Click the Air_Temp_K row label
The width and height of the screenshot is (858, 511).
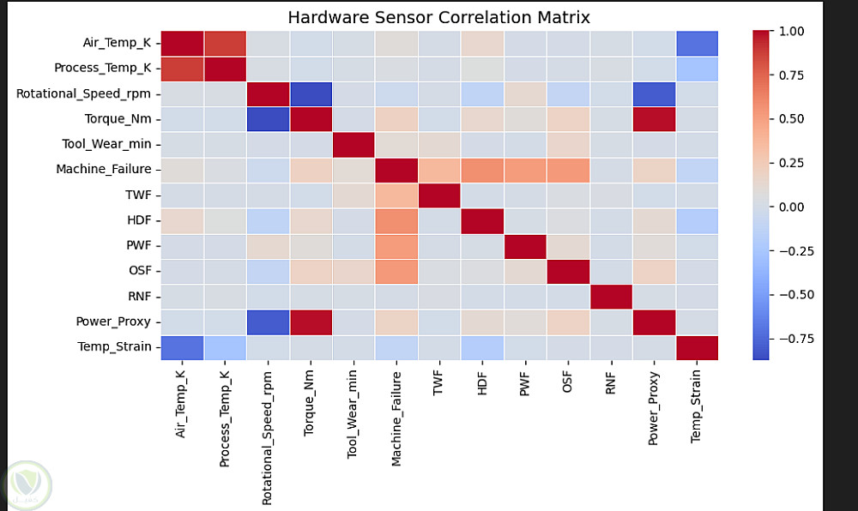[118, 41]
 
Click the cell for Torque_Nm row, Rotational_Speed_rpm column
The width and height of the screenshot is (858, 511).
[268, 117]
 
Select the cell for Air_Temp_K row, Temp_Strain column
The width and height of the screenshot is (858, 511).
[697, 41]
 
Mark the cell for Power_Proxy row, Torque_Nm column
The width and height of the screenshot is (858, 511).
[311, 322]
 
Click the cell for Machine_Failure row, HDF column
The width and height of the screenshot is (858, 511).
[482, 168]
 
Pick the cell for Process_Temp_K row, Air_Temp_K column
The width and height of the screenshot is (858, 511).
[182, 67]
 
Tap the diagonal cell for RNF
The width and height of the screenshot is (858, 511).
[611, 296]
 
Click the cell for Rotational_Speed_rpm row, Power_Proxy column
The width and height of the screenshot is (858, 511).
[654, 92]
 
